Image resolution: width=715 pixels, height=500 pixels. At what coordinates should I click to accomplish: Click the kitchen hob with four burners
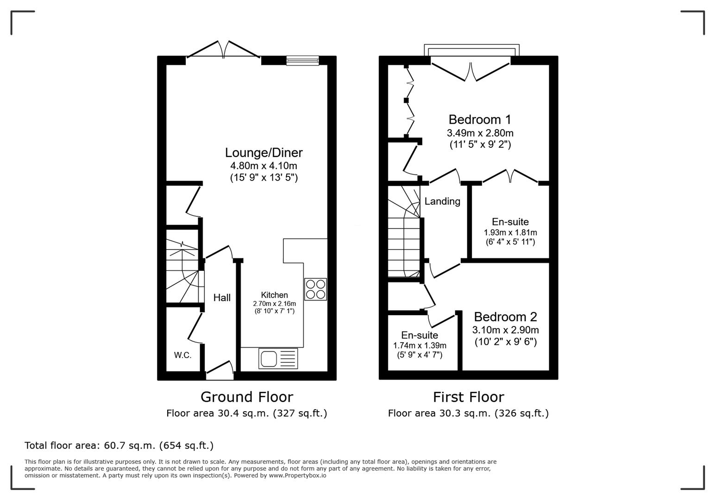(315, 289)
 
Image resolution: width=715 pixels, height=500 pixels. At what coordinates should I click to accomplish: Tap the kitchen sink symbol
(278, 358)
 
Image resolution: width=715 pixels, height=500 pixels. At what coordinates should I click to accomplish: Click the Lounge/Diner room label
(263, 153)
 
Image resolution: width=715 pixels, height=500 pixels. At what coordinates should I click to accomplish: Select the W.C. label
(183, 355)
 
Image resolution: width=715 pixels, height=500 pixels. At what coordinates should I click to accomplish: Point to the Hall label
(222, 298)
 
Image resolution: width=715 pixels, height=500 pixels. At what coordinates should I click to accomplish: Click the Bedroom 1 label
(480, 119)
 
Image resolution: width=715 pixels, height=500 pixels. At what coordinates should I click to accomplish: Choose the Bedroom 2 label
(505, 317)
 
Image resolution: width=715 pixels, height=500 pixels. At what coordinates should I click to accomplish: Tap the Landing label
(442, 201)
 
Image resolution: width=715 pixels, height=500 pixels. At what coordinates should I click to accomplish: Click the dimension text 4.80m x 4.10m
(263, 166)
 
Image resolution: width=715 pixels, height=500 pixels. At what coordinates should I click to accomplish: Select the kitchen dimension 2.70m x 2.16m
(274, 304)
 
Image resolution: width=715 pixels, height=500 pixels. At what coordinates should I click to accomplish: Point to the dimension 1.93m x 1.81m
(510, 232)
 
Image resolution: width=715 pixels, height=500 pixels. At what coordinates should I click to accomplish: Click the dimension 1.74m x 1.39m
(420, 345)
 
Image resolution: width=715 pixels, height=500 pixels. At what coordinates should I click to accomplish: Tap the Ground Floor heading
(246, 397)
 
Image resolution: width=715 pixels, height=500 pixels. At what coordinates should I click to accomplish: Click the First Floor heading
(468, 397)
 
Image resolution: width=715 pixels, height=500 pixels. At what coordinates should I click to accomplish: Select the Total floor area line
(119, 445)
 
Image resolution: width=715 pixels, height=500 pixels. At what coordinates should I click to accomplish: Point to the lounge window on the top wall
(302, 60)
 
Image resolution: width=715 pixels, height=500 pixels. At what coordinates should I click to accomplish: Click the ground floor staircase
(184, 271)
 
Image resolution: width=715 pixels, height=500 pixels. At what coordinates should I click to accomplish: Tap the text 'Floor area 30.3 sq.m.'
(439, 413)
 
